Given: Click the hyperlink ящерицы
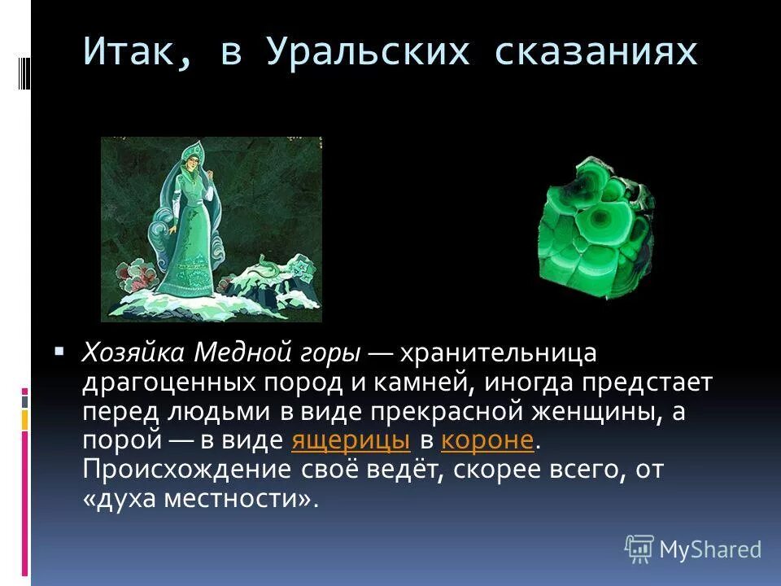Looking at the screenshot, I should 350,440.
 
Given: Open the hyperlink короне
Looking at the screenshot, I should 486,440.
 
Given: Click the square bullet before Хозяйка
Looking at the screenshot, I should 59,352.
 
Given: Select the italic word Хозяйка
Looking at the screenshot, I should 134,354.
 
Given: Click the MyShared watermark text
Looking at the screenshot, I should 711,550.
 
